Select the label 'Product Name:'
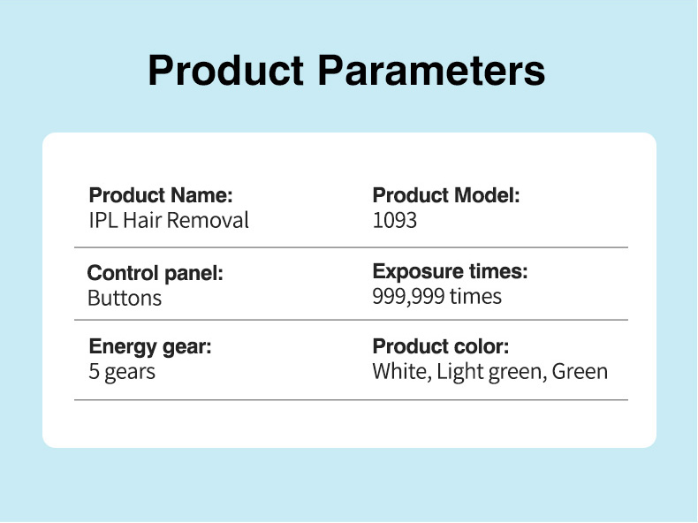(161, 195)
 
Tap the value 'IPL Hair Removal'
(169, 220)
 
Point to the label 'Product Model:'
(446, 195)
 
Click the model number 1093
(394, 220)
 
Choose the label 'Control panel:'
(156, 274)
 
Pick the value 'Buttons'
(125, 299)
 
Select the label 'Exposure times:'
(451, 271)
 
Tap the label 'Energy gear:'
(150, 347)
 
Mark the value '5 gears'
(122, 372)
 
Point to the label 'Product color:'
(441, 346)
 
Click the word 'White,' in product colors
(402, 372)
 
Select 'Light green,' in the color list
(492, 372)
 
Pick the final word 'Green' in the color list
(580, 372)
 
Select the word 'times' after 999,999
(475, 296)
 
